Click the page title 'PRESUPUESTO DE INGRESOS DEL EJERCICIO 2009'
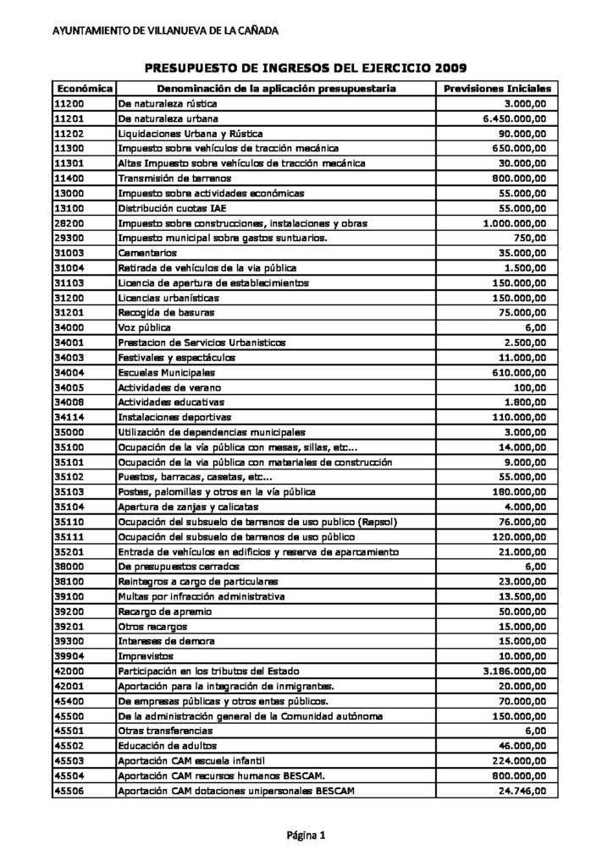point(306,68)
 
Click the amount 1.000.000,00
point(514,223)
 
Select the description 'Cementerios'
point(147,253)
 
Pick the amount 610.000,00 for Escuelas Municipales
point(519,372)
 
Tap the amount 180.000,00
point(519,492)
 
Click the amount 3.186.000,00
point(514,671)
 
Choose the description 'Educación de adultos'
point(168,746)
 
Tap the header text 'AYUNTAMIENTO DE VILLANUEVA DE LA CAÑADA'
point(165,31)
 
